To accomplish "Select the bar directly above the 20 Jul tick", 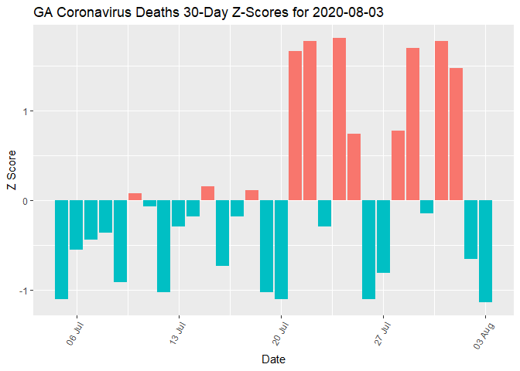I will [281, 250].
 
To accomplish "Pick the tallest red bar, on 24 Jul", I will [339, 119].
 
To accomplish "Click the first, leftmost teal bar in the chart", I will [61, 250].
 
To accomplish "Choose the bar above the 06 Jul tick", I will [76, 225].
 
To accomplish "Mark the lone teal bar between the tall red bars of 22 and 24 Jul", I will [324, 213].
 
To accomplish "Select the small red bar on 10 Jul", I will [135, 197].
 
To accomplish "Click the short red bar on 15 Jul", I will [207, 193].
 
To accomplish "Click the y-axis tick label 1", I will [26, 111].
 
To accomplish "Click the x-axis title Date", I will [274, 359].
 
